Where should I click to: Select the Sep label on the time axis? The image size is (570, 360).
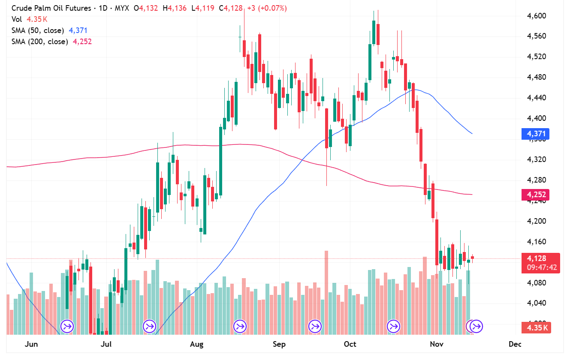279,344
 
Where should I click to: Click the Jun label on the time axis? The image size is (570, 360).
31,344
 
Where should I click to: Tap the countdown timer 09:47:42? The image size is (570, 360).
542,267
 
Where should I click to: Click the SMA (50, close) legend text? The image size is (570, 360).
38,30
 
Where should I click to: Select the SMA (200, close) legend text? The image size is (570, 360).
39,42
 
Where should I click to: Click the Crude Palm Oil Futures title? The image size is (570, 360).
51,8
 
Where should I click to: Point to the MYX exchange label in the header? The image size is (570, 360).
122,8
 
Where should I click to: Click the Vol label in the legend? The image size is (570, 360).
17,19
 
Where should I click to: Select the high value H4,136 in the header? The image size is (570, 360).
175,8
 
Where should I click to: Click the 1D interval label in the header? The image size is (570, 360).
103,8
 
